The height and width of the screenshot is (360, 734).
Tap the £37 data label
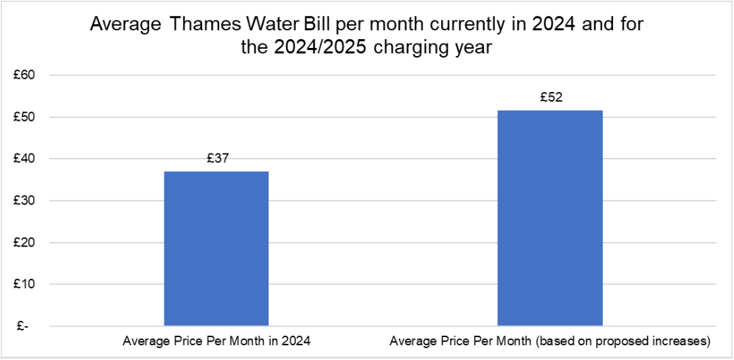click(x=216, y=159)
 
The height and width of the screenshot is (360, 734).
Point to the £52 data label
click(x=550, y=97)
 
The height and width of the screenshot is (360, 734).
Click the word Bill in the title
click(x=311, y=24)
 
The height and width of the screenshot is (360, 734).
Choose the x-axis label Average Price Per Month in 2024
click(x=216, y=342)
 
